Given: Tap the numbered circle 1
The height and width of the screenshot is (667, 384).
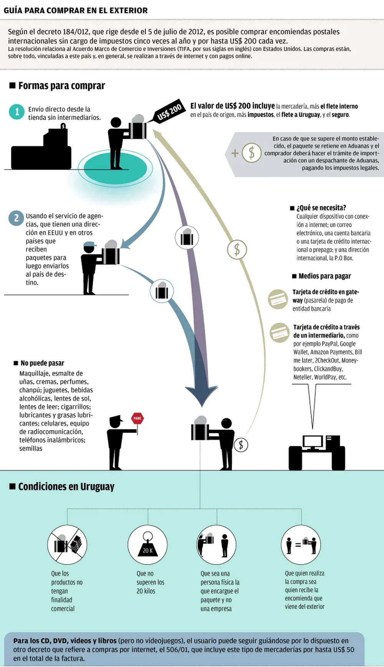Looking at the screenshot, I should tap(17, 112).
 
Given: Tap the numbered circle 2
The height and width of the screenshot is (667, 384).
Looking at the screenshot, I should tap(16, 218).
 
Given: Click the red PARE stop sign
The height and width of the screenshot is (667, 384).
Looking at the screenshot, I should tap(137, 418).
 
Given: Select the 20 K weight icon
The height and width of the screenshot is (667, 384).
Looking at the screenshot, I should tap(147, 545).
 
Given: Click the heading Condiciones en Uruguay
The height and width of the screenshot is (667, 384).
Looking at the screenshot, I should tap(66, 487).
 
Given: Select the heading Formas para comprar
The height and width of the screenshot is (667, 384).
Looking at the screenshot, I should tap(61, 86).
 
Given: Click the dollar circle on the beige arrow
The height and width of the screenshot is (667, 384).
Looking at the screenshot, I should tap(237, 249).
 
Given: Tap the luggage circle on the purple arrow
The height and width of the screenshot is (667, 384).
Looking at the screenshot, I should tap(187, 238).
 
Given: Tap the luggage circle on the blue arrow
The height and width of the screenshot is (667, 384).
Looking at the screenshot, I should tap(162, 291).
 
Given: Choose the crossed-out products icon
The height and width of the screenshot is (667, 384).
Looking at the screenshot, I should tap(67, 545).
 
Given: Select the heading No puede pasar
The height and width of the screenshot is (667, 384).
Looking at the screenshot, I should tap(42, 363).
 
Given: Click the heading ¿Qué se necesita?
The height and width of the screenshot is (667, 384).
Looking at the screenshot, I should tap(321, 208).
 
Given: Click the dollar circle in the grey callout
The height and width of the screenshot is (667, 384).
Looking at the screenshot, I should tap(252, 153).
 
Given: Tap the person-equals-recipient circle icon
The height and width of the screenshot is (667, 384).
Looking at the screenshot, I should tap(301, 545).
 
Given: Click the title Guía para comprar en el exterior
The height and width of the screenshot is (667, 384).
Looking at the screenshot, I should tap(76, 10).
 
